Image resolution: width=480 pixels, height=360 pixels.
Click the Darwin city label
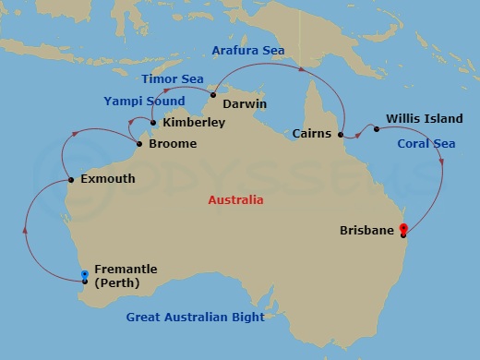tap(245, 104)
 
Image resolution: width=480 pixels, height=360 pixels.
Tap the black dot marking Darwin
tap(212, 95)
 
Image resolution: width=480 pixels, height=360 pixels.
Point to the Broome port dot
tap(138, 143)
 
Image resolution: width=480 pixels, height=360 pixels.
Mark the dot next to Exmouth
tap(71, 179)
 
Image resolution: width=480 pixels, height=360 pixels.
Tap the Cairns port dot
tap(342, 135)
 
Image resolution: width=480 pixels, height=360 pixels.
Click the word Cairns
tap(312, 134)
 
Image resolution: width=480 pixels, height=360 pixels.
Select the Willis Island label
tap(419, 119)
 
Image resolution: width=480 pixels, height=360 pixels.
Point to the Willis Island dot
tap(376, 129)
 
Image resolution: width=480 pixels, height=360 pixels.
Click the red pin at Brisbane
tap(404, 229)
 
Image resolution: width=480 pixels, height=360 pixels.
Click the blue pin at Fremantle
tap(84, 275)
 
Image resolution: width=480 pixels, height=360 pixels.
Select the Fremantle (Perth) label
tap(126, 276)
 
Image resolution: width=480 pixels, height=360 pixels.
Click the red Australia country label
tap(235, 200)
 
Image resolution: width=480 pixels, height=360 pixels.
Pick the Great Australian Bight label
tap(195, 318)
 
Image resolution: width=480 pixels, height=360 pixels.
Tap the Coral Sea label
tap(426, 144)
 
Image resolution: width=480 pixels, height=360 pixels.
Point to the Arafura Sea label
tap(248, 50)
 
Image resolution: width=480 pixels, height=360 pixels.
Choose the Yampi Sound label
tap(144, 102)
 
